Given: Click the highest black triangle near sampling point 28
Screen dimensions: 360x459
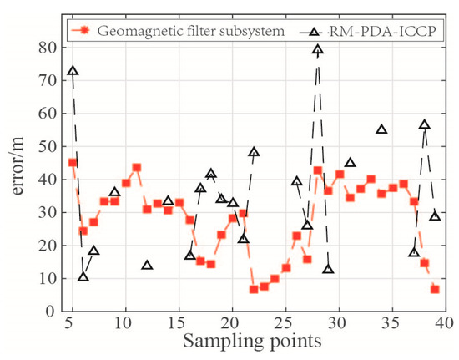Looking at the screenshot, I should (x=318, y=50).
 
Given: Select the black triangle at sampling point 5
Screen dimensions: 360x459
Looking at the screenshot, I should (x=73, y=72).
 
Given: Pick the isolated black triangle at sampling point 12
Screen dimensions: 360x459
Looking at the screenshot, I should (x=147, y=266).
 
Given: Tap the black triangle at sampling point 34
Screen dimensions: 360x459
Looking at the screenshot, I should (x=381, y=129).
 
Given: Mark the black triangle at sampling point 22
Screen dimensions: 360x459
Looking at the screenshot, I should (x=254, y=152).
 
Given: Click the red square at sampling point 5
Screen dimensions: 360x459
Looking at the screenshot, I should (x=73, y=163).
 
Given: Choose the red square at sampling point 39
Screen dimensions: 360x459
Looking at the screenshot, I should (x=435, y=289).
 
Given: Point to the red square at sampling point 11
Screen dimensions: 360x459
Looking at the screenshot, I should (x=136, y=168).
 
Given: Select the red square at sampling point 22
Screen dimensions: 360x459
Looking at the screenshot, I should (x=254, y=289).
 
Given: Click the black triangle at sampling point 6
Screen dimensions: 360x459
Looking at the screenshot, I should (x=83, y=276).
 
